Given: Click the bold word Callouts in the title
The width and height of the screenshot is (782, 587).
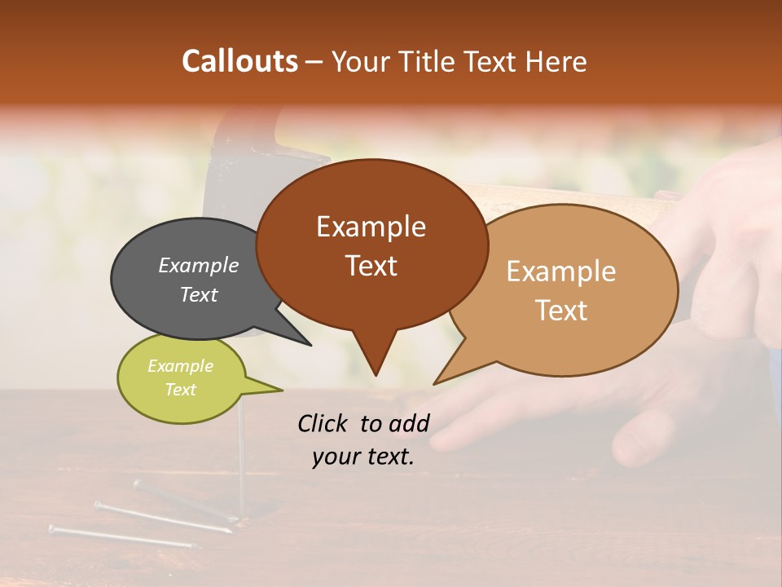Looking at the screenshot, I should [239, 61].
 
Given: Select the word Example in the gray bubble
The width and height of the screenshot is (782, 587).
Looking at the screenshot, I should [198, 265].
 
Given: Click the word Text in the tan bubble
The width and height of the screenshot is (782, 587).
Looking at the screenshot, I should [561, 310].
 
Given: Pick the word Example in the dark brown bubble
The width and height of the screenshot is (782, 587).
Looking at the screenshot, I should [371, 227].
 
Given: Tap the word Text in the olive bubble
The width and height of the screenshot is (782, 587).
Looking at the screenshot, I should [181, 390].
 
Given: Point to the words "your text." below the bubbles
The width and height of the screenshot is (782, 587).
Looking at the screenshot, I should [362, 457].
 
